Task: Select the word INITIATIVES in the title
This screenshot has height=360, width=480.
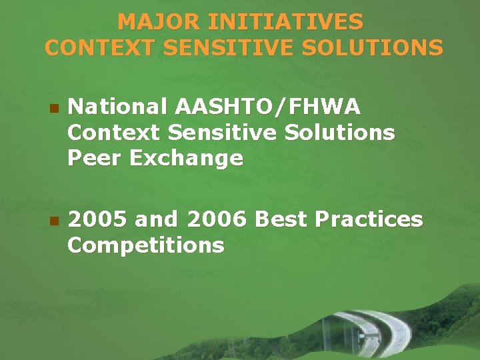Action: (x=277, y=22)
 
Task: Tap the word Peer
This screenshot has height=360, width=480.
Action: (x=91, y=159)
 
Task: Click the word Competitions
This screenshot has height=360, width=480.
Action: (x=145, y=245)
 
